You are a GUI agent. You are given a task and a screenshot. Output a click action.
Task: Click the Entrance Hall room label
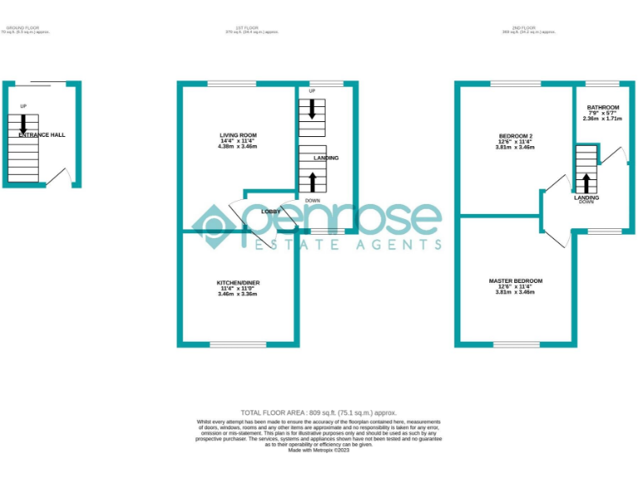42,134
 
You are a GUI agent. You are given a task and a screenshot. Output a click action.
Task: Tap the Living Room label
238,134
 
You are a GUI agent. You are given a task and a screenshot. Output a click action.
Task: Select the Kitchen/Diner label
238,283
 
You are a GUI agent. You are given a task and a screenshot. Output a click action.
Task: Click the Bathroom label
602,107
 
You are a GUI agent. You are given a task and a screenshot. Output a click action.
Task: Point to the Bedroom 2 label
515,135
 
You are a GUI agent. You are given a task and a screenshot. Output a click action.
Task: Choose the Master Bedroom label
515,281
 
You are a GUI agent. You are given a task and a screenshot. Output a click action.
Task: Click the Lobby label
271,212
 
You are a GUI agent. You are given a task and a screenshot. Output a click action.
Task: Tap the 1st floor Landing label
326,158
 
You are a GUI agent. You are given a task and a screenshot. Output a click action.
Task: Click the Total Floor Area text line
318,412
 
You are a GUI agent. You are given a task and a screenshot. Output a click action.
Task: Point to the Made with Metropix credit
318,450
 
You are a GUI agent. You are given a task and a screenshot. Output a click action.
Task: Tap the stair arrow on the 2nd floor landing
586,183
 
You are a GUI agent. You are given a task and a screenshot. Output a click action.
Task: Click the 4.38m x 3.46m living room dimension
238,147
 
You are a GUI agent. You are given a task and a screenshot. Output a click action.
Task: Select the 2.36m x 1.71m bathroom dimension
602,119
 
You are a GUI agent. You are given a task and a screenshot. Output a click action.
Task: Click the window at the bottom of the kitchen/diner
238,344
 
